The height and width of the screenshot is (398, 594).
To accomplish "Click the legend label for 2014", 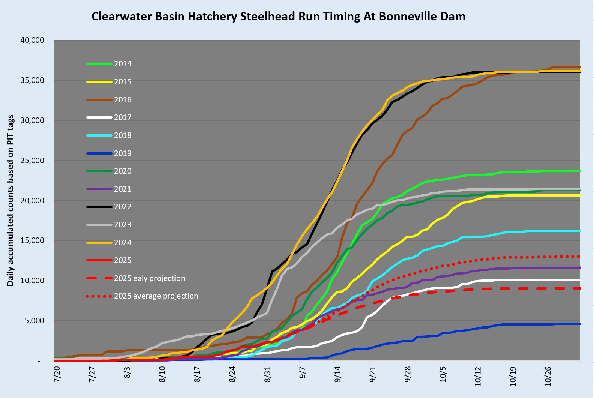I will coord(123,64).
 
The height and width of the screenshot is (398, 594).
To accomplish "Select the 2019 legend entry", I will coord(123,153).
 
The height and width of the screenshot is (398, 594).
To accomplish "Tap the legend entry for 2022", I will coord(123,207).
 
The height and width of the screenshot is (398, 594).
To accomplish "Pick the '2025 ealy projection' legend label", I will coord(149,278).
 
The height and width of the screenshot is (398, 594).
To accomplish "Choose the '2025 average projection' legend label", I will coord(156,296).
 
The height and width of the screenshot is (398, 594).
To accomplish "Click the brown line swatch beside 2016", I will coord(99,100).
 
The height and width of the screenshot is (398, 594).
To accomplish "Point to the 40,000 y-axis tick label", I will coord(32,40).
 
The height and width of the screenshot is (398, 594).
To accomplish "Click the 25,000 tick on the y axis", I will coord(32,161).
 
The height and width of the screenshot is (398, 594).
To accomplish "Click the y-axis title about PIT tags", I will coord(10,201).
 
